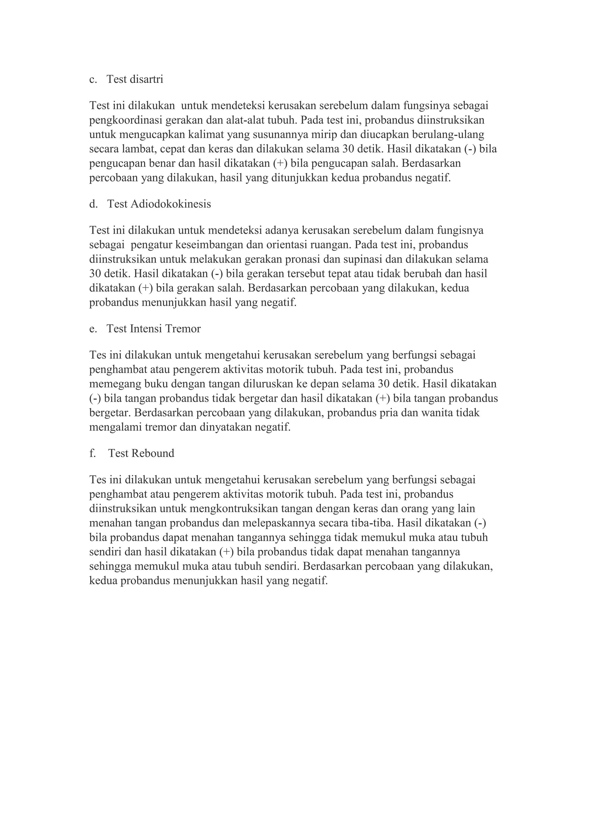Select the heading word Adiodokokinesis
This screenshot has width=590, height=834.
coord(170,204)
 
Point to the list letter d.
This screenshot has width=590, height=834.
coord(93,204)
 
